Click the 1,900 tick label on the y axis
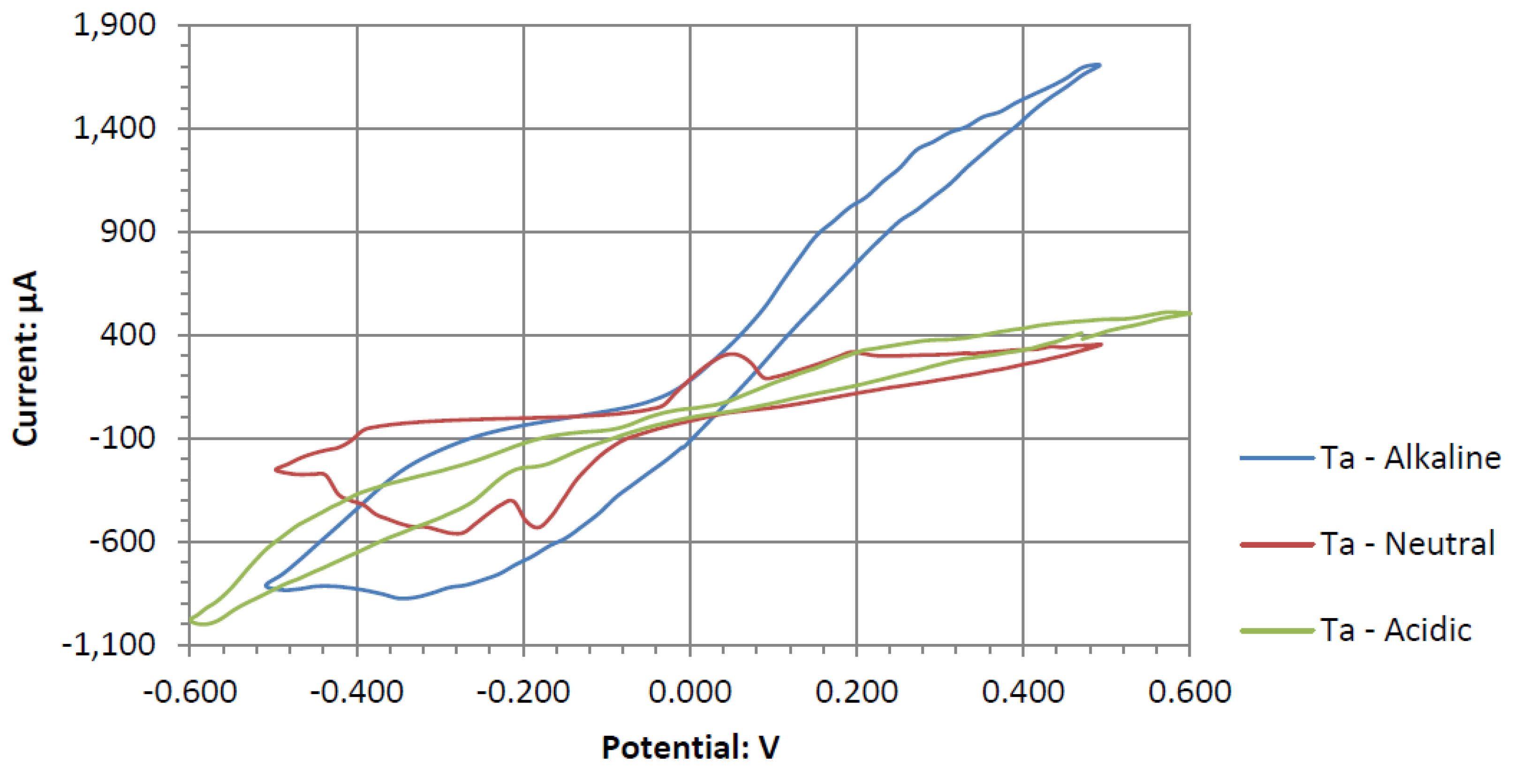tap(114, 26)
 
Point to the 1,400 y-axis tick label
tap(114, 128)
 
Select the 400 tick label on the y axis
tap(128, 335)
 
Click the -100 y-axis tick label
tap(122, 438)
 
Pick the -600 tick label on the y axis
tap(122, 541)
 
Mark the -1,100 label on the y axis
tap(109, 645)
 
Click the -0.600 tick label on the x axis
tap(190, 691)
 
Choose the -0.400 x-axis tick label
tap(356, 691)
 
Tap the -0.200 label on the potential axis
tap(523, 691)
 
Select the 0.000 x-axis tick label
tap(689, 691)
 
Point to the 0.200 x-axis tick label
tap(856, 691)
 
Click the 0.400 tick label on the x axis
tap(1022, 691)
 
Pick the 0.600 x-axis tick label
tap(1189, 691)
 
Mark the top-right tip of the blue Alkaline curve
tap(1098, 65)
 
